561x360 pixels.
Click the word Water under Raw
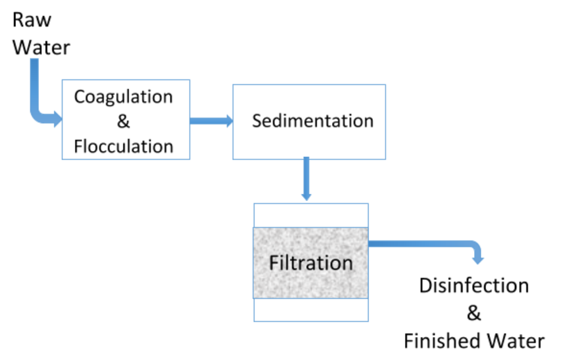point(42,47)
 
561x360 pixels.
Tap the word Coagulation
point(123,97)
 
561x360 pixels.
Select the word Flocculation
point(123,146)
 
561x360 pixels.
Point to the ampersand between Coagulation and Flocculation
point(123,122)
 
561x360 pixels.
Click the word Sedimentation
point(312,121)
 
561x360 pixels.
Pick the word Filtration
point(311,263)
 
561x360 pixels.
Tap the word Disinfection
point(474,285)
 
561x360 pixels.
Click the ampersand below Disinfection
point(474,313)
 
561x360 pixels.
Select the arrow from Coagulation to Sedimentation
point(211,120)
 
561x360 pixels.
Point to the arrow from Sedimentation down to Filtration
point(307,179)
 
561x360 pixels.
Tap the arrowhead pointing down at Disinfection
point(477,258)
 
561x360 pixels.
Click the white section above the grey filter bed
point(311,215)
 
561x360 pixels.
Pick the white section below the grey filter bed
point(311,309)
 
